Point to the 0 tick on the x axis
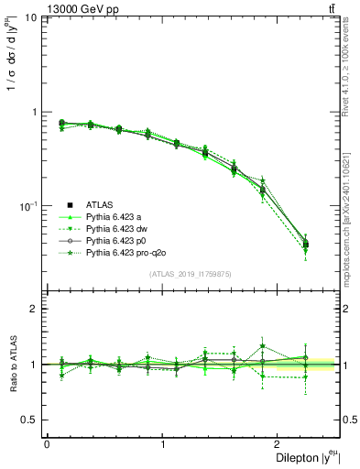47,443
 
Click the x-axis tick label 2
279,443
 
